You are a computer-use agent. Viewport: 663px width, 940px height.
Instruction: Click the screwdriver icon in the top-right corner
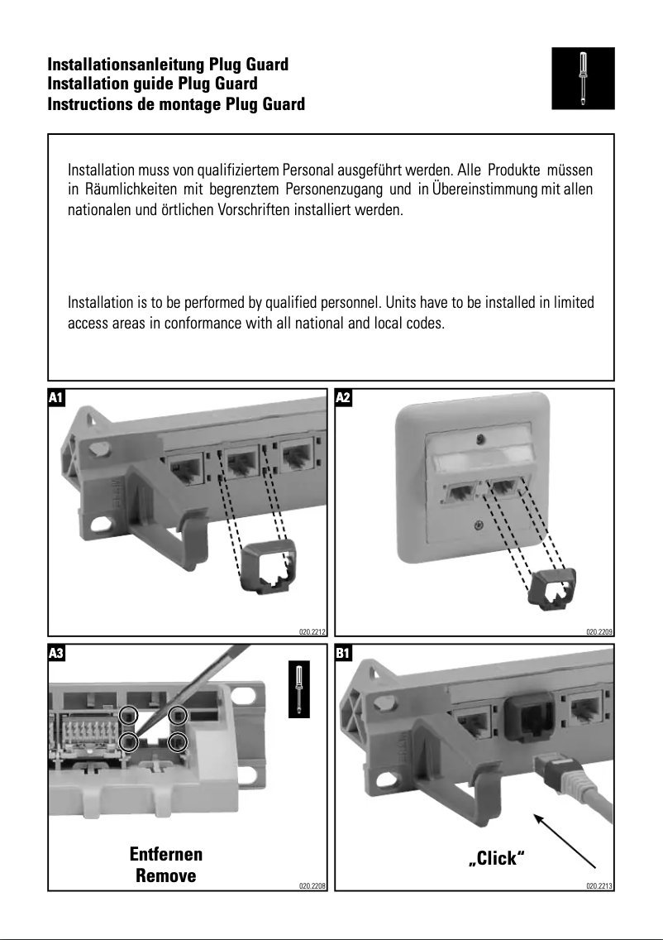pyautogui.click(x=583, y=77)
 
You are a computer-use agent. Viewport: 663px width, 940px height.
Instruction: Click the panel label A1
pyautogui.click(x=56, y=398)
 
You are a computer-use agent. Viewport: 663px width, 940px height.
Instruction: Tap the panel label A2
pyautogui.click(x=344, y=398)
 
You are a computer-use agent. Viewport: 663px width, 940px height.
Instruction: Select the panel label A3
pyautogui.click(x=56, y=653)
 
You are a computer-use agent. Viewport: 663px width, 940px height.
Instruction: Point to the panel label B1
pyautogui.click(x=344, y=653)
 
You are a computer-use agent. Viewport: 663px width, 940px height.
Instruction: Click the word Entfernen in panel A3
pyautogui.click(x=166, y=854)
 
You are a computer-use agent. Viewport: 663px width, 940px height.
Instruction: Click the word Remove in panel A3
pyautogui.click(x=166, y=875)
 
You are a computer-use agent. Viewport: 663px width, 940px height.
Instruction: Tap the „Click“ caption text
pyautogui.click(x=497, y=858)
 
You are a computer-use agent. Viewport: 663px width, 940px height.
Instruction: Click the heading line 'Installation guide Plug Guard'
pyautogui.click(x=152, y=84)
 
